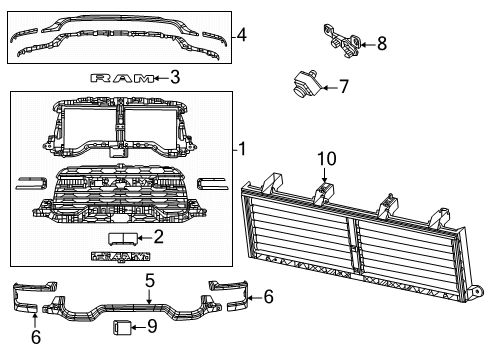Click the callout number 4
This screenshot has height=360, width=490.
[x=241, y=37]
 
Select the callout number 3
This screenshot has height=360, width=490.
[x=174, y=76]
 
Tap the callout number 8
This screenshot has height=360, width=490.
[x=380, y=43]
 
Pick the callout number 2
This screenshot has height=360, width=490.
[x=157, y=237]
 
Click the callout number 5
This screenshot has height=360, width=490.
[x=148, y=281]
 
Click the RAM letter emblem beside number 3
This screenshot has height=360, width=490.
[x=124, y=76]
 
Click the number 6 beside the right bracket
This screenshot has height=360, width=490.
[x=267, y=297]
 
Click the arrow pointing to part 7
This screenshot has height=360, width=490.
[x=325, y=87]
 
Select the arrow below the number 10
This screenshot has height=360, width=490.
[x=324, y=176]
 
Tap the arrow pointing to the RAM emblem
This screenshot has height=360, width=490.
[x=160, y=76]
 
